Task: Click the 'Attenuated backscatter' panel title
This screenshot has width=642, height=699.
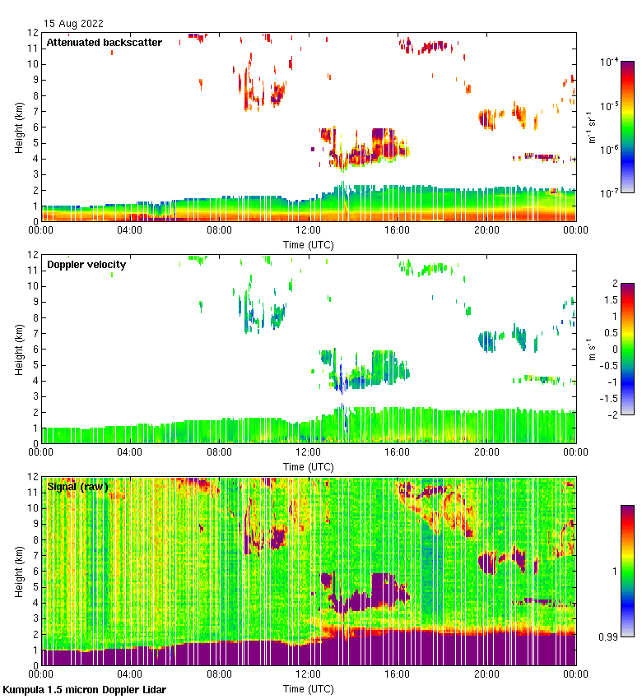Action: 104,43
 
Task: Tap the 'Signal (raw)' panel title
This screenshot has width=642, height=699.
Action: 77,487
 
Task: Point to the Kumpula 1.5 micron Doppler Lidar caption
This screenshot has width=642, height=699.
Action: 85,690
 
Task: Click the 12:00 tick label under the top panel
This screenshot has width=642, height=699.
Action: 308,231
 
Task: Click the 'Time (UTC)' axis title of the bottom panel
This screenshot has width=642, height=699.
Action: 308,688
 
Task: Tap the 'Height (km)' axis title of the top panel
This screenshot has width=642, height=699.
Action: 19,127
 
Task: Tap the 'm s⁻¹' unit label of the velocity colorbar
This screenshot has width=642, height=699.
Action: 592,349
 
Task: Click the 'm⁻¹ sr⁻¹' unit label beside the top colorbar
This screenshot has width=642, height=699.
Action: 592,127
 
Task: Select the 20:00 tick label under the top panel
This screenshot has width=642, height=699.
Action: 486,231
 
